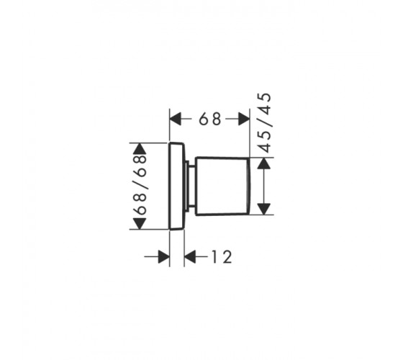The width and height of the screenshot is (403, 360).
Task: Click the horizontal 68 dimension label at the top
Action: pyautogui.click(x=210, y=119)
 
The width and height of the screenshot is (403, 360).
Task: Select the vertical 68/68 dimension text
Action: pyautogui.click(x=140, y=184)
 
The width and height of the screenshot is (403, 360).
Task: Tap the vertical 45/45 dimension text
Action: pyautogui.click(x=265, y=122)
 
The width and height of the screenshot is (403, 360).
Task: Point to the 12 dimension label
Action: pyautogui.click(x=222, y=257)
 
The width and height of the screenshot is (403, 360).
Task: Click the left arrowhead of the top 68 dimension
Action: pyautogui.click(x=176, y=119)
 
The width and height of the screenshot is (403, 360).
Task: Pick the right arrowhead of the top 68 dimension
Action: pyautogui.click(x=244, y=119)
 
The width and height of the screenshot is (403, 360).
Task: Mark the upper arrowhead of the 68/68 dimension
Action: pyautogui.click(x=139, y=148)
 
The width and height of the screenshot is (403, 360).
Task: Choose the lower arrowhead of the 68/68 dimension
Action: pyautogui.click(x=139, y=223)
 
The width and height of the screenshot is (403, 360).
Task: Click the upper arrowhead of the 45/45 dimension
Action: pyautogui.click(x=264, y=163)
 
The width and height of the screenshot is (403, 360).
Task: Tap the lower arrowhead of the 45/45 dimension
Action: pyautogui.click(x=264, y=209)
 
